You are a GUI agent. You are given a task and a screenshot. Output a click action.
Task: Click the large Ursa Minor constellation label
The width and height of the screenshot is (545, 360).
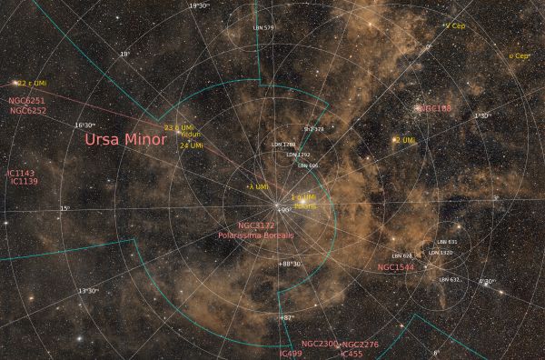[125, 140]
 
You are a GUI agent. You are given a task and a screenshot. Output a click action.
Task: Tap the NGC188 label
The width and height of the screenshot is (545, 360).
[434, 109]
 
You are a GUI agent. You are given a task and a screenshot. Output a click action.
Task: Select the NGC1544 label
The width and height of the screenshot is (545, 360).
[395, 268]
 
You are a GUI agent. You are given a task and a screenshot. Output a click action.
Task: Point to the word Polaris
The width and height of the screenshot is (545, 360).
[305, 205]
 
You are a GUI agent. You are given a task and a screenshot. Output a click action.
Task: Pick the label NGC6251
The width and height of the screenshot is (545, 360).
[26, 101]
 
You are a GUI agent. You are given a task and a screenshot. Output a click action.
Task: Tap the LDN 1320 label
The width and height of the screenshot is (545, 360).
[440, 253]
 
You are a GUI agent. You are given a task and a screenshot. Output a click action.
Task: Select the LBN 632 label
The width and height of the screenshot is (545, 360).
[449, 280]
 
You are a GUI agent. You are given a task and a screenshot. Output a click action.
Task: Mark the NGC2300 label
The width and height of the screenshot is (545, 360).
[319, 344]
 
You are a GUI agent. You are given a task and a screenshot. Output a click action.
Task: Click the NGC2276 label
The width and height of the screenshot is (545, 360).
[361, 345]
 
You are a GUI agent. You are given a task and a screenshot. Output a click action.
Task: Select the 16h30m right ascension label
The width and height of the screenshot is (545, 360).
[85, 125]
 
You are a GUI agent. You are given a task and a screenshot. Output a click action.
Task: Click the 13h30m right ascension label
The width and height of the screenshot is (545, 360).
[88, 291]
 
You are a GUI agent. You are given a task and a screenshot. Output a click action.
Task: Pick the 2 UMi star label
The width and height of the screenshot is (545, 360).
[404, 140]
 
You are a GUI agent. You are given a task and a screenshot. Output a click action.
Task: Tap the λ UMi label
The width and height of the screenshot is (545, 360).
[258, 186]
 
